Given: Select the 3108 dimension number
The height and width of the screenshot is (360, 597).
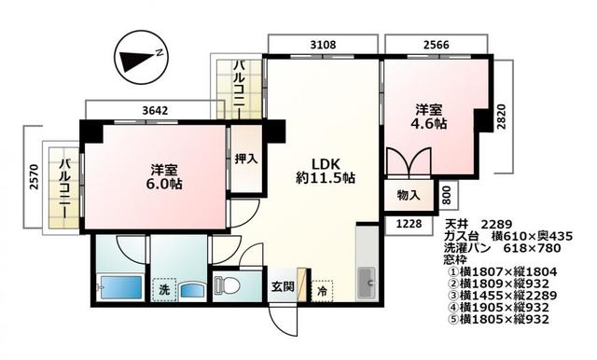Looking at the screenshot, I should (324, 43).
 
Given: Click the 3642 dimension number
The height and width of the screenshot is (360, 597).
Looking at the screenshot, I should (155, 110).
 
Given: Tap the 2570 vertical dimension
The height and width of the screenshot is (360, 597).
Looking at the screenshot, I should (34, 177).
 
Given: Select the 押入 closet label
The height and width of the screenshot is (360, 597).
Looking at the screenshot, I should (245, 159).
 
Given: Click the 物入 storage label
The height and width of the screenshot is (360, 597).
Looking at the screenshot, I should (409, 196).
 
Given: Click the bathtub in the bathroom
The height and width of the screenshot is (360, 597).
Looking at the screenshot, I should (117, 287).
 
